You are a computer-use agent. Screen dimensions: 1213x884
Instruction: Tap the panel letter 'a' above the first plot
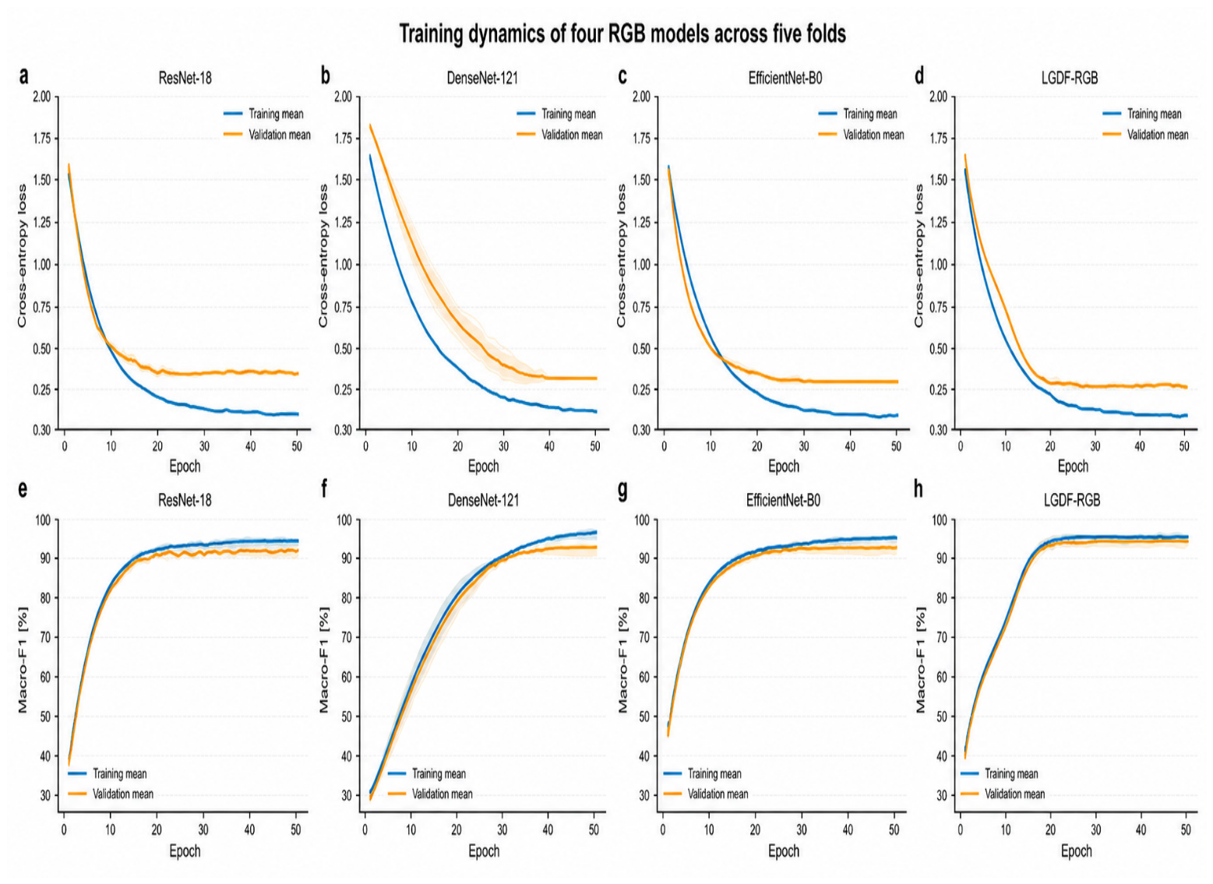(23, 76)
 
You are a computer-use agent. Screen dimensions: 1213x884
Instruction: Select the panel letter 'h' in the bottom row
(919, 489)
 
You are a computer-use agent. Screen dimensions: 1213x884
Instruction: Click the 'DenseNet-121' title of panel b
(482, 78)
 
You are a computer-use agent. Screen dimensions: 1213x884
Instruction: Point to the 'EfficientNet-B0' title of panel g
(783, 500)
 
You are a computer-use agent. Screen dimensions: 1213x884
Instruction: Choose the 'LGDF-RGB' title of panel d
(1070, 78)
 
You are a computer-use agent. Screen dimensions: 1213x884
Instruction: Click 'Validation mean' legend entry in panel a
(267, 135)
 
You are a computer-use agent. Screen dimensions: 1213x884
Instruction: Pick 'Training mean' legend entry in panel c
(858, 114)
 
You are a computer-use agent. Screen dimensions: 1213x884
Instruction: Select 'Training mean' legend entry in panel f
(427, 773)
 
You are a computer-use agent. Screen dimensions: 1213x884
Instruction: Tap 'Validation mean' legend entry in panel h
(1003, 794)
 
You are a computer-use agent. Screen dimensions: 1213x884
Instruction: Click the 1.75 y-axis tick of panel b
(343, 139)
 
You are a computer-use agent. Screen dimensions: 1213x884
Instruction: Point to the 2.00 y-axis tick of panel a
(42, 97)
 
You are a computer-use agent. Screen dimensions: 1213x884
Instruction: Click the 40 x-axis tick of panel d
(1140, 446)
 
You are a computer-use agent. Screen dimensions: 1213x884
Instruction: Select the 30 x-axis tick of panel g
(802, 829)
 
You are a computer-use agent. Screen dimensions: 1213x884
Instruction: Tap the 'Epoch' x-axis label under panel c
(784, 466)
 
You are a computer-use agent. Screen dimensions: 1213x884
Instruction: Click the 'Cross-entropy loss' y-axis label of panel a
(22, 255)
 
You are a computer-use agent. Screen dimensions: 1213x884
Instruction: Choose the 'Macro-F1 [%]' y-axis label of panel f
(324, 660)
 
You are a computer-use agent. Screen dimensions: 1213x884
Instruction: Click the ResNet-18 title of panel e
(185, 500)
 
